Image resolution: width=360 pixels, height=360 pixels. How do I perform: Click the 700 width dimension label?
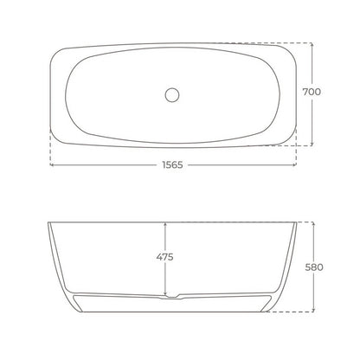click(312, 92)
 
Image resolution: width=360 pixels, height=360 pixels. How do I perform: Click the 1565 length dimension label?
click(172, 165)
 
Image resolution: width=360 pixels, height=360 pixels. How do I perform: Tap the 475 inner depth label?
click(164, 257)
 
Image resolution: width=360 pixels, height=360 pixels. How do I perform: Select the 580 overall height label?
click(314, 267)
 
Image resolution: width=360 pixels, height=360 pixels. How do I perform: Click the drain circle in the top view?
click(172, 95)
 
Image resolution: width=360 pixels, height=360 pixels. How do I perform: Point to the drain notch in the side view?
click(172, 296)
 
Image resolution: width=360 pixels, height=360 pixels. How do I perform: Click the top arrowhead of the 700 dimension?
click(312, 45)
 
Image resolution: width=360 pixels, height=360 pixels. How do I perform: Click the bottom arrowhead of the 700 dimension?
click(312, 144)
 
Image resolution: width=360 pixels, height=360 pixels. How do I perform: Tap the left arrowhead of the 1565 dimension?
click(52, 164)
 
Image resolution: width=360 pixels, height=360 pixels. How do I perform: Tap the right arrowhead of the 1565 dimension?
click(294, 164)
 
